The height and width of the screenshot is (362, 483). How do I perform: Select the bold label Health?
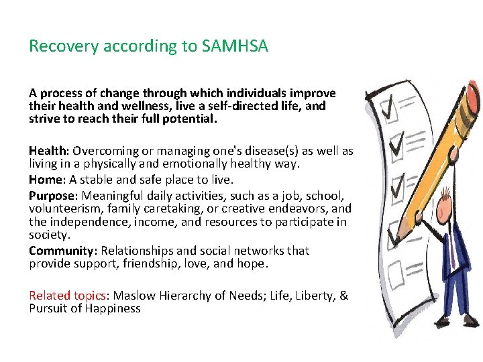click(49, 151)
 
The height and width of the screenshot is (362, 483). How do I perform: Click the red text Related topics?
click(66, 296)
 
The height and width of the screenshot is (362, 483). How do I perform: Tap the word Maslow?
click(133, 296)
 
